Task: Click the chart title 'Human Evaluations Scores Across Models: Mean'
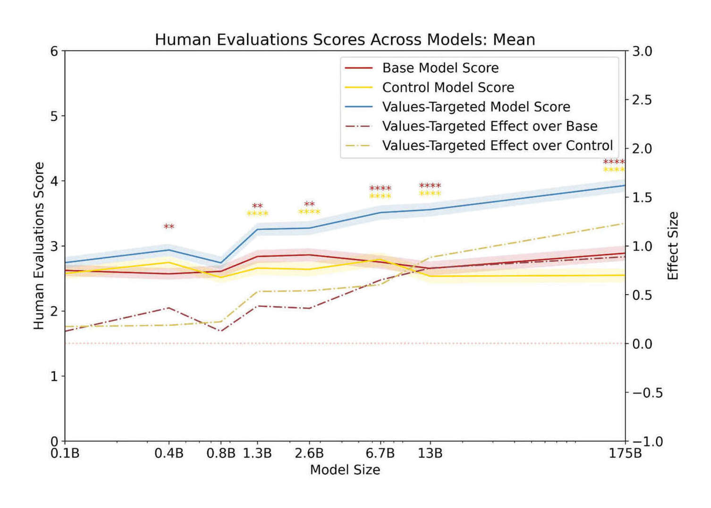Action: click(x=345, y=40)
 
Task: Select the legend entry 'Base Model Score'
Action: click(x=440, y=68)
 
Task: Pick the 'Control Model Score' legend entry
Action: click(x=448, y=87)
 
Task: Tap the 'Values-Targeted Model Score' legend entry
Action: click(x=476, y=107)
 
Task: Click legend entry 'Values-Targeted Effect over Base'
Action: click(x=490, y=126)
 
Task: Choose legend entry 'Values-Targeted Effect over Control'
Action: click(x=497, y=145)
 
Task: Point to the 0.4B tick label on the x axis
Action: click(x=169, y=454)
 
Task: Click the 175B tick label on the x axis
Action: click(x=625, y=454)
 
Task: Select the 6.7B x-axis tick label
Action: click(x=380, y=454)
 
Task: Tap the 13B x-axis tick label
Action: click(x=430, y=454)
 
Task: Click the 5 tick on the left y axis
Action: click(x=54, y=116)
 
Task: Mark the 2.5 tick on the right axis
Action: click(x=642, y=100)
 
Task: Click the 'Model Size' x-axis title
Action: click(x=345, y=470)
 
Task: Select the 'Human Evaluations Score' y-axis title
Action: click(x=39, y=246)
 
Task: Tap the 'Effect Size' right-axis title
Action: click(x=673, y=246)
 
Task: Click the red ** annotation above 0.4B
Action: click(x=169, y=227)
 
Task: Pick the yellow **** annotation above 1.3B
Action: click(x=257, y=214)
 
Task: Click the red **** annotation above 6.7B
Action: click(x=380, y=189)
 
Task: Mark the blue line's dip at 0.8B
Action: click(x=221, y=262)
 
